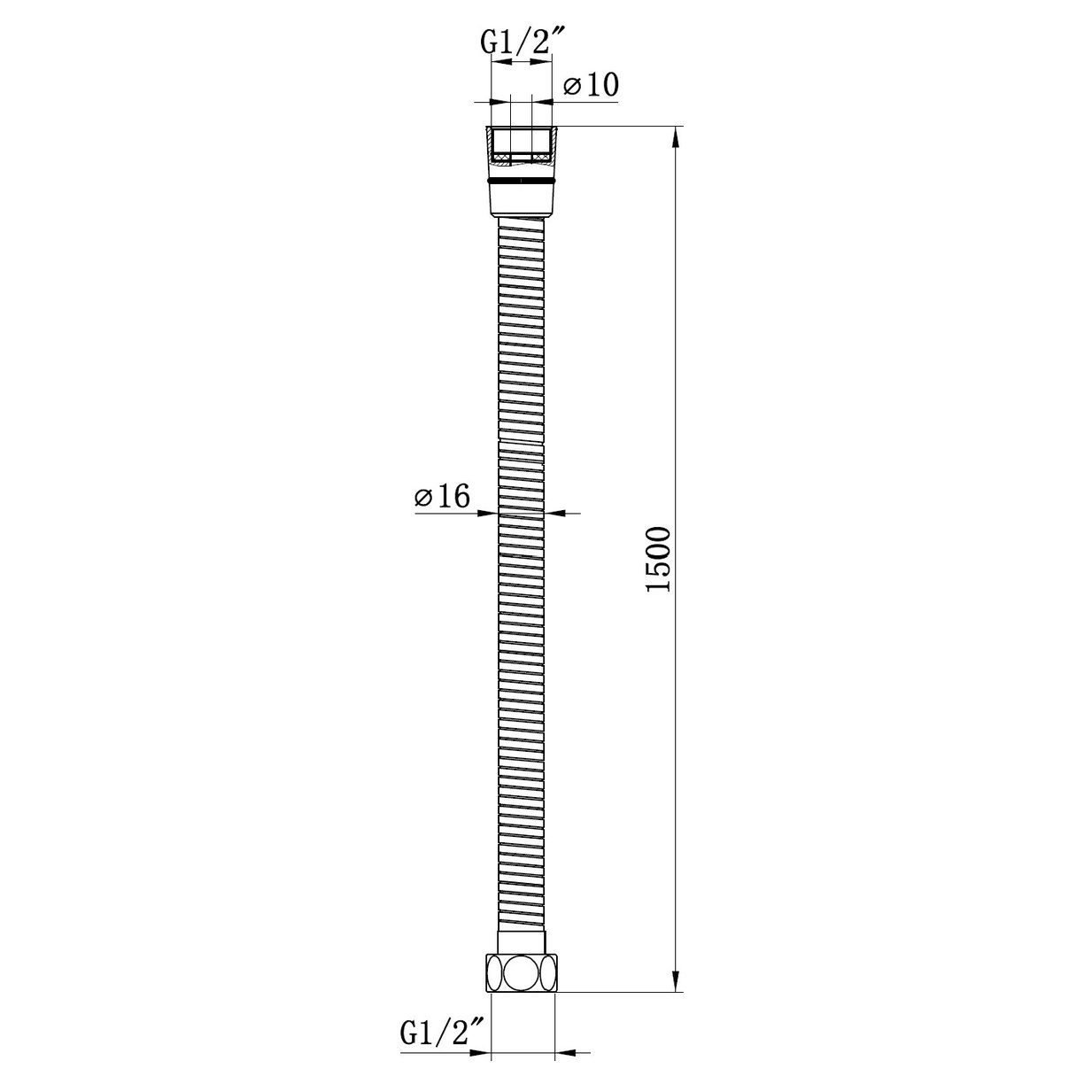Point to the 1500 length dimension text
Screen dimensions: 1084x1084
click(x=660, y=561)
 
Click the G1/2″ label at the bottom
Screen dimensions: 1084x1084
click(x=442, y=1032)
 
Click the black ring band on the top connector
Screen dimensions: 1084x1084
click(x=521, y=180)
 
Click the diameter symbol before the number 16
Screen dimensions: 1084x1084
click(x=422, y=499)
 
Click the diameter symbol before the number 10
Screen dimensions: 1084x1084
click(x=572, y=87)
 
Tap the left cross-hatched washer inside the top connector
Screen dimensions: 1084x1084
click(x=502, y=159)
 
